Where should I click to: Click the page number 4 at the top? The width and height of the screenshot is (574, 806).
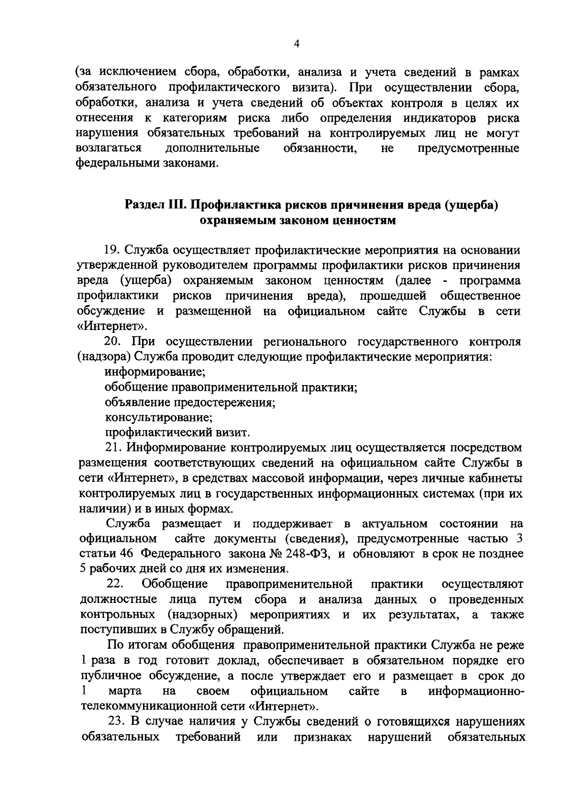click(x=297, y=44)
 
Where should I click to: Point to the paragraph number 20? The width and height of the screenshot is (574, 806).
click(x=113, y=342)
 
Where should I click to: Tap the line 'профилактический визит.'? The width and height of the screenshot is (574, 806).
click(x=177, y=432)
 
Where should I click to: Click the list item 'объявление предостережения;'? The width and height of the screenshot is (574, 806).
click(x=190, y=402)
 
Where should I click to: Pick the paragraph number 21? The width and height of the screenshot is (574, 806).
click(x=112, y=448)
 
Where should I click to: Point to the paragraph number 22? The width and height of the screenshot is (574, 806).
click(x=115, y=584)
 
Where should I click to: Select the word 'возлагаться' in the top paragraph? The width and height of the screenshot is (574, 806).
click(x=109, y=148)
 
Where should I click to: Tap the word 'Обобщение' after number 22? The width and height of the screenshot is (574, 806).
click(x=175, y=584)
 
